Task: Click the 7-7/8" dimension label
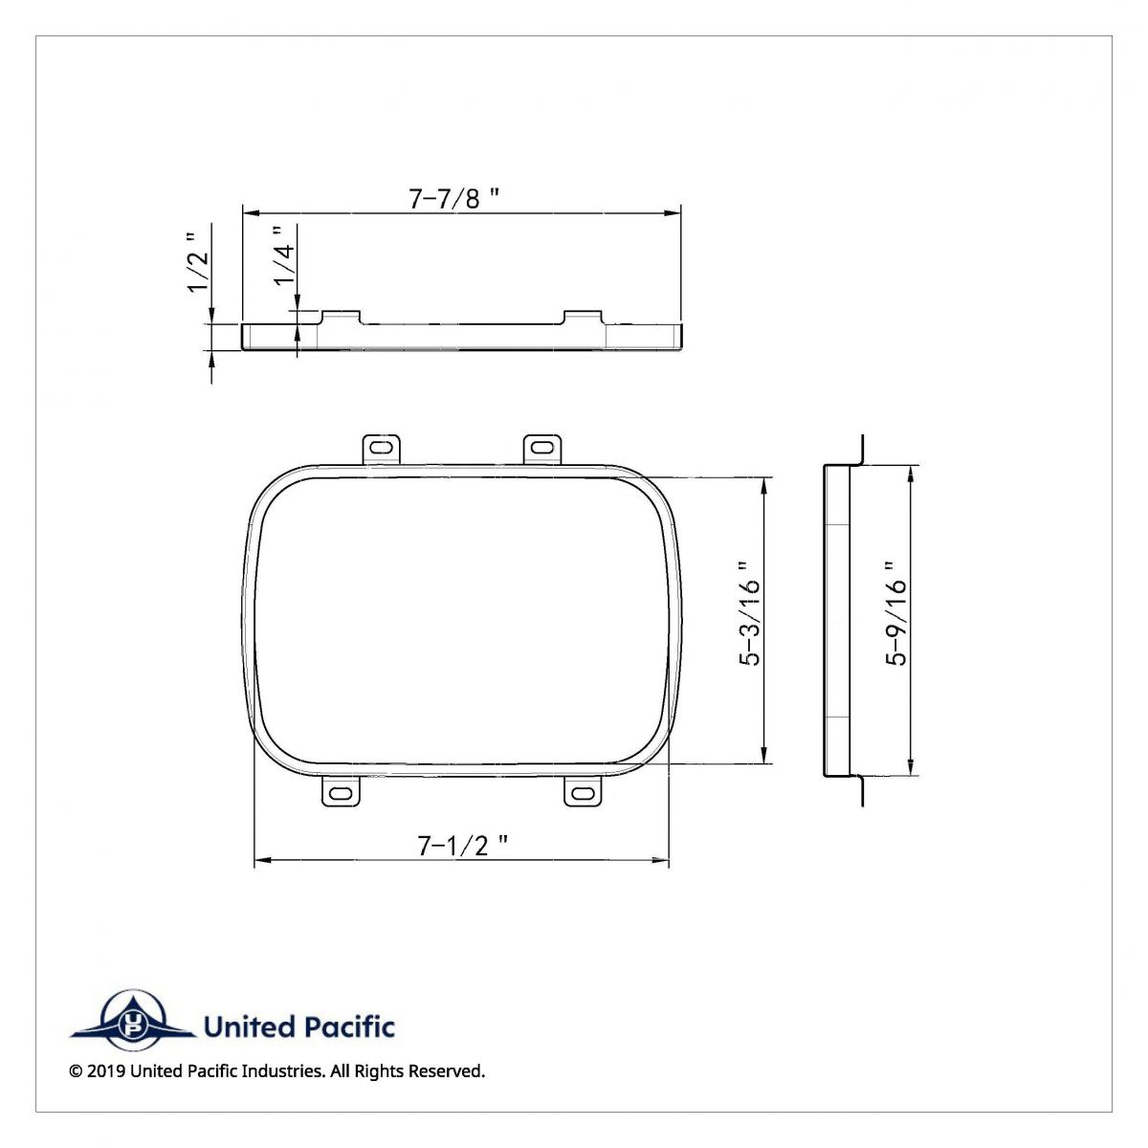[454, 198]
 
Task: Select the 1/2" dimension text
[197, 261]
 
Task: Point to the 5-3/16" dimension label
[752, 622]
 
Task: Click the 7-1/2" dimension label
[462, 845]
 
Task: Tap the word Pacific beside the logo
[349, 1027]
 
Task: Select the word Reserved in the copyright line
[448, 1071]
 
